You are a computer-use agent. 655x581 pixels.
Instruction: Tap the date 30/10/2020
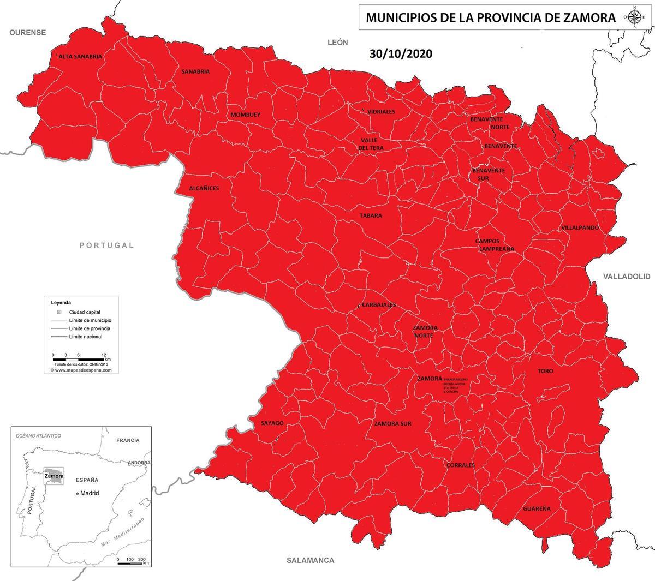point(401,54)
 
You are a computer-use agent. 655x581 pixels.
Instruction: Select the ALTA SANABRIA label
point(80,56)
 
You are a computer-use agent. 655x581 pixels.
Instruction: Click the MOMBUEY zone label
point(245,115)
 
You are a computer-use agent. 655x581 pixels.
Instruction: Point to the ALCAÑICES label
point(204,188)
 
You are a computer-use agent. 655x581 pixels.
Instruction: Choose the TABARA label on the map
point(371,215)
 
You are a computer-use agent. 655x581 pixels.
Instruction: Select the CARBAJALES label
point(379,305)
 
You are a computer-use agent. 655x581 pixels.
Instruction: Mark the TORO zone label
point(545,371)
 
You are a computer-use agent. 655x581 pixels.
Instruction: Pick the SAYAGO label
point(272,423)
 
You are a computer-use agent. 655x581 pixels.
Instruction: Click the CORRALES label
point(460,465)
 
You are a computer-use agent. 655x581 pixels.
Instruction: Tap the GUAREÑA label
point(537,508)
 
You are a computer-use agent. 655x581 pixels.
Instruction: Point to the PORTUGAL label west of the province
point(106,245)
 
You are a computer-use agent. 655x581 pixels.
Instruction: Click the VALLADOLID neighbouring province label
point(627,277)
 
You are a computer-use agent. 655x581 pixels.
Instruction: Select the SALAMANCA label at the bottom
point(310,560)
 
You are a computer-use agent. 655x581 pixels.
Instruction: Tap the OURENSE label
point(27,33)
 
